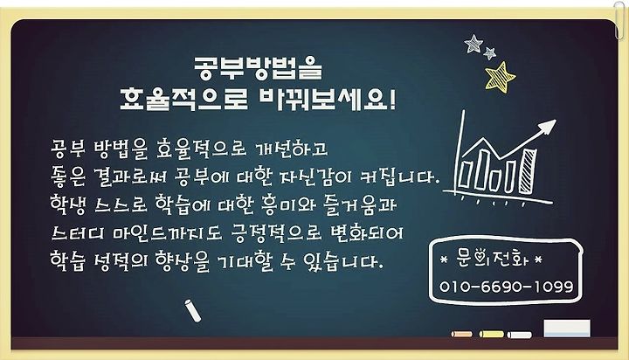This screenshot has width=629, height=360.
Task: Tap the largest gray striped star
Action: (x=473, y=44)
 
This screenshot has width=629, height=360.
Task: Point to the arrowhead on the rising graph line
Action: (x=547, y=127)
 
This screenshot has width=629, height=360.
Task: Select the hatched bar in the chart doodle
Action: (x=528, y=170)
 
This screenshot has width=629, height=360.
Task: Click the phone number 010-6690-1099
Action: (x=506, y=287)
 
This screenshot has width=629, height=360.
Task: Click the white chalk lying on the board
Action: (x=193, y=311)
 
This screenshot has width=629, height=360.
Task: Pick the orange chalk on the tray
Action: (x=462, y=334)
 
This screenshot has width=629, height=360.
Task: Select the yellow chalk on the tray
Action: (x=492, y=334)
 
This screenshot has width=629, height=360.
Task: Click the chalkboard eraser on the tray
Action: (x=567, y=329)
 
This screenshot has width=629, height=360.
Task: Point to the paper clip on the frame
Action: (x=619, y=20)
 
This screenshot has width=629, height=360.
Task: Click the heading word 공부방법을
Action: (x=258, y=68)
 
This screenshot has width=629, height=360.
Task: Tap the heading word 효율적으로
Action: (x=183, y=99)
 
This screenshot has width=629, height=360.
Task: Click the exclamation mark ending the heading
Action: (x=392, y=99)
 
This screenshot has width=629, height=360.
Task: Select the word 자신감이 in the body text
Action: (x=316, y=177)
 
